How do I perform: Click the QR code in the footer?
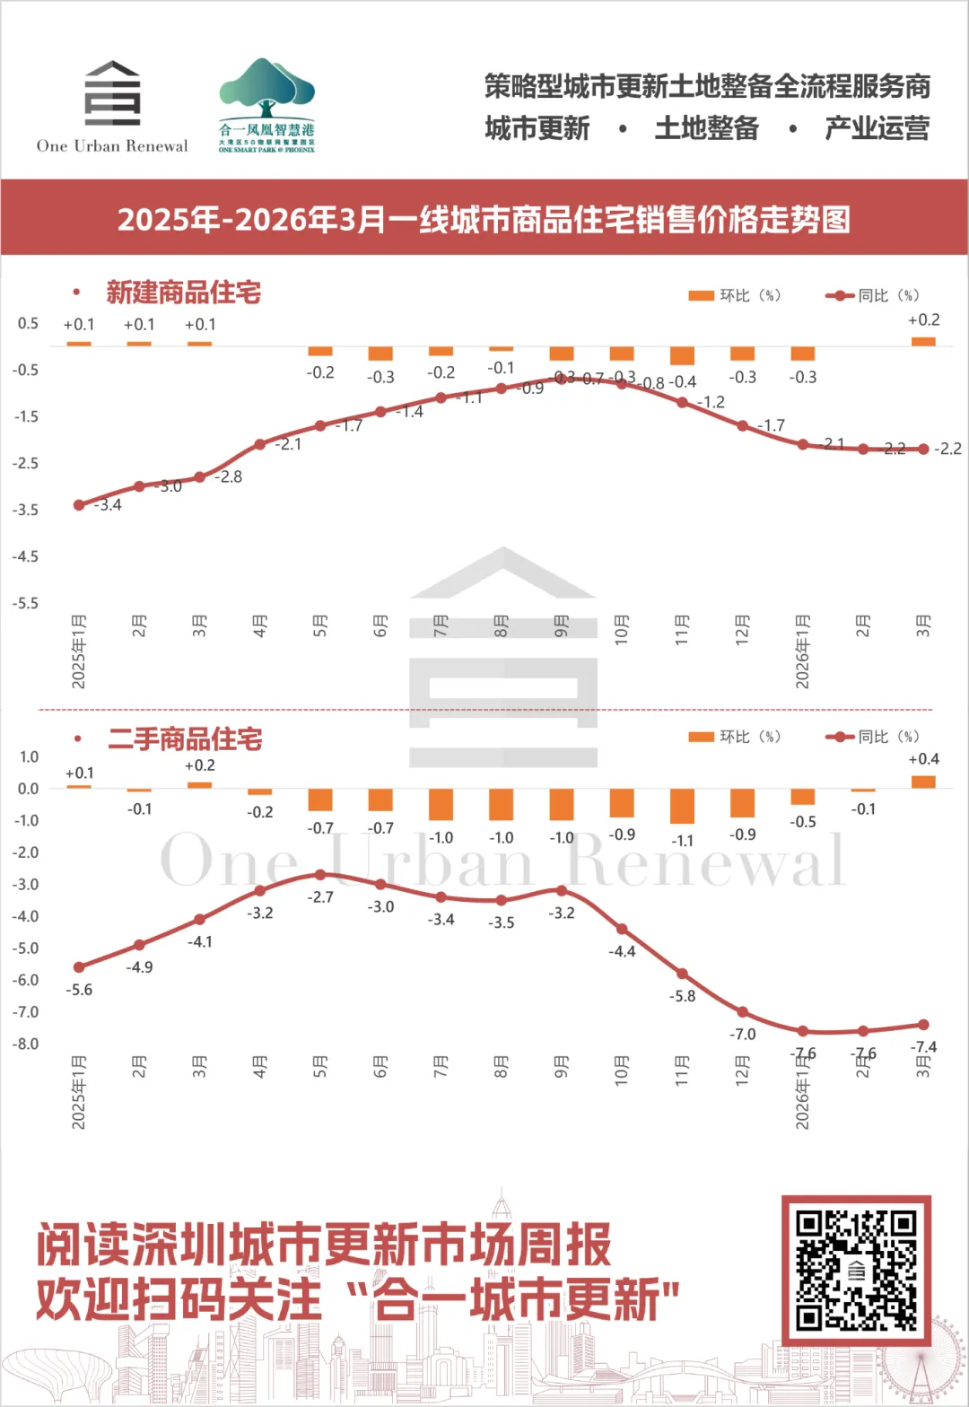(x=856, y=1270)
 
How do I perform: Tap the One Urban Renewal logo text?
(x=112, y=146)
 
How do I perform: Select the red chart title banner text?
(x=484, y=219)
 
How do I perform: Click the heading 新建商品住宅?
(x=183, y=293)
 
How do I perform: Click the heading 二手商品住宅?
(x=185, y=739)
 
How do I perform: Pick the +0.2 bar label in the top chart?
(x=923, y=320)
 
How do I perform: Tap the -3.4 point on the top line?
(x=79, y=505)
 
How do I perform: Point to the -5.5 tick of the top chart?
(x=25, y=604)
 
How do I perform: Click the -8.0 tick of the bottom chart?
(x=25, y=1044)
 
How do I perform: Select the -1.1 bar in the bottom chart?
(x=682, y=806)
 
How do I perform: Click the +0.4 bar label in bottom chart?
(x=923, y=759)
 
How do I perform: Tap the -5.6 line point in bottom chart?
(x=79, y=967)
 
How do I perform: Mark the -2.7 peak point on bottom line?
(x=320, y=875)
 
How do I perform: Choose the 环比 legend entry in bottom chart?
(x=735, y=737)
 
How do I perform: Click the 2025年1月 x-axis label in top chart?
(x=79, y=651)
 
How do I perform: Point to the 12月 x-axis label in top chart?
(x=742, y=626)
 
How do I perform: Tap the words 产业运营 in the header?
(x=877, y=128)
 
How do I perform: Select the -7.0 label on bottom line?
(x=742, y=1035)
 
